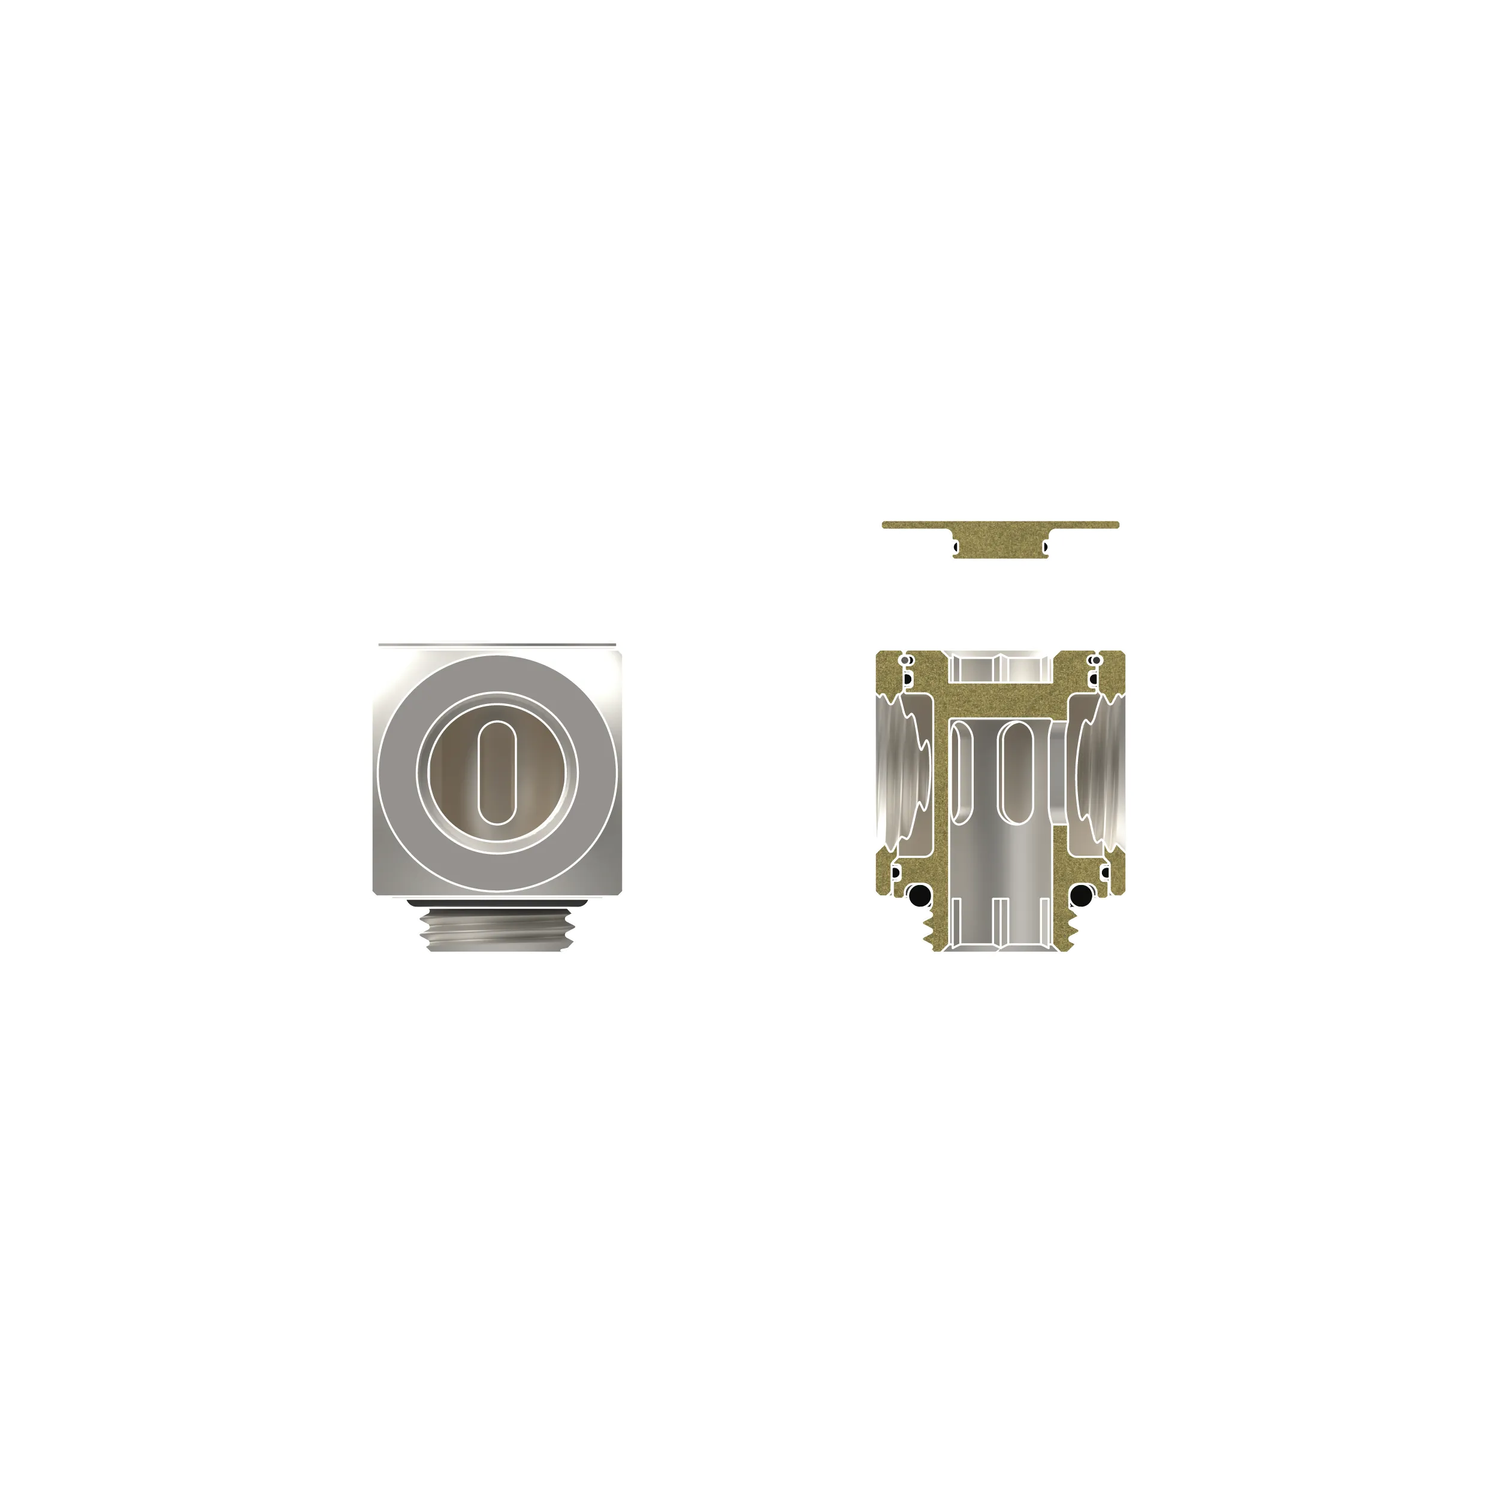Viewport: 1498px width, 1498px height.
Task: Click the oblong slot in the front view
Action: (496, 772)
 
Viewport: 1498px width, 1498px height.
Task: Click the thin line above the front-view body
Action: (496, 644)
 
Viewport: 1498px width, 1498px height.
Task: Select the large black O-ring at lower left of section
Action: (919, 896)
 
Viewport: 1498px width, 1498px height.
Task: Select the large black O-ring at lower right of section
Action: (1081, 896)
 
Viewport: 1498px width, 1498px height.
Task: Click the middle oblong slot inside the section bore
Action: (1016, 772)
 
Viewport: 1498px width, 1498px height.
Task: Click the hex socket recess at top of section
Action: (1000, 667)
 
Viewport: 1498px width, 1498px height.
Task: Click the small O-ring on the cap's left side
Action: (956, 548)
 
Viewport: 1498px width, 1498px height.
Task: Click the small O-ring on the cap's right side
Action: (1045, 548)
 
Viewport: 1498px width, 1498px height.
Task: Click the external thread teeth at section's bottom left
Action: (928, 931)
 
